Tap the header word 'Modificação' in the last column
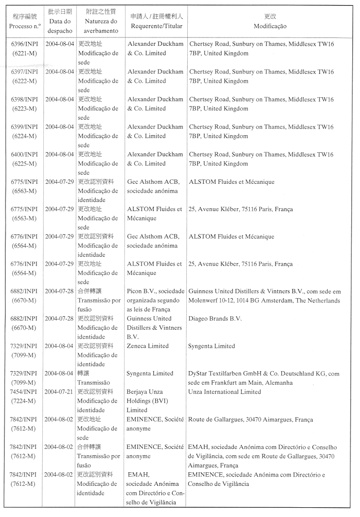pos(270,26)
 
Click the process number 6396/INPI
pos(24,44)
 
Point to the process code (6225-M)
pos(24,163)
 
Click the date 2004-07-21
pos(59,392)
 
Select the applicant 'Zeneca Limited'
pos(148,346)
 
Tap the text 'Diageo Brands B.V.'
pos(215,319)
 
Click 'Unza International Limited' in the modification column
pos(224,392)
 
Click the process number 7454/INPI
pos(24,392)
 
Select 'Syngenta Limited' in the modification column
pos(212,346)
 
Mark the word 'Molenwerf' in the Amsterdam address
pos(203,301)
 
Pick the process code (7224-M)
pos(24,401)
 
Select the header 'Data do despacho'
pos(60,26)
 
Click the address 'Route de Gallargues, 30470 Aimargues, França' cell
pos(251,419)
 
